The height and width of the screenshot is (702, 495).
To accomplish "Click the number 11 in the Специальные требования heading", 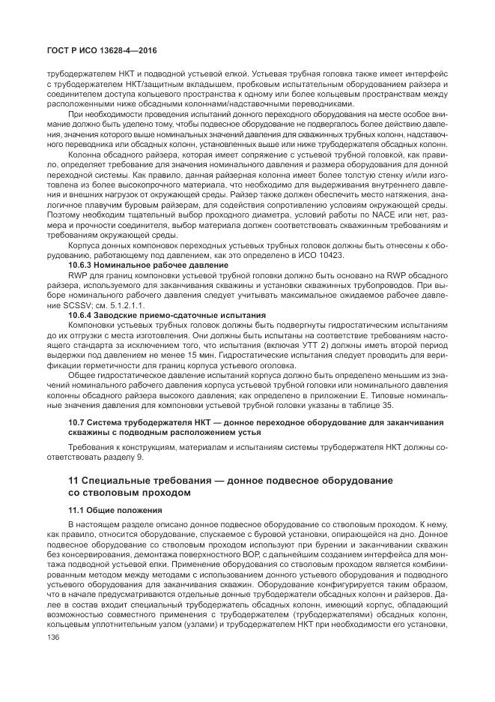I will click(75, 478).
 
